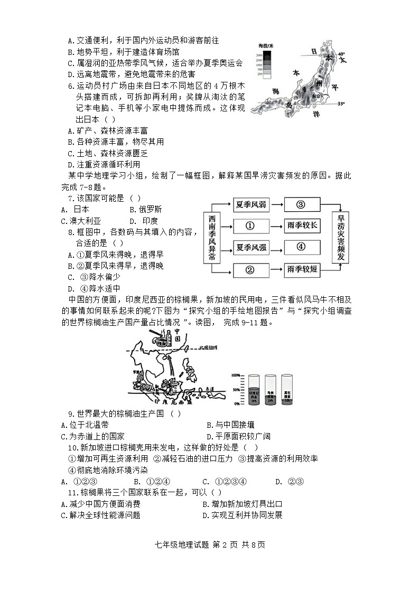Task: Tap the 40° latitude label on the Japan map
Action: pyautogui.click(x=341, y=54)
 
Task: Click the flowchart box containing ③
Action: pyautogui.click(x=302, y=205)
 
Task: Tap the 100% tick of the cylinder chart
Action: pyautogui.click(x=236, y=374)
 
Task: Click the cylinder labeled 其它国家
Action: pyautogui.click(x=287, y=390)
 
